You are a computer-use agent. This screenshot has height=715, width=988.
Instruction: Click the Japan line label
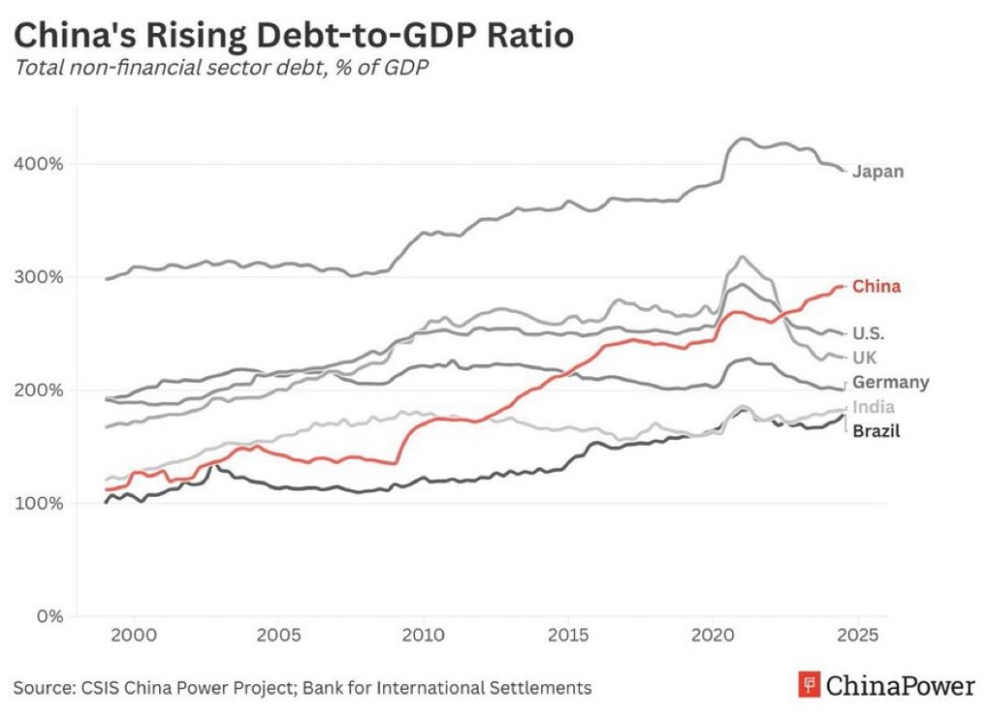878,172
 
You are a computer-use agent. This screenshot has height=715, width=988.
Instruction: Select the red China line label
876,287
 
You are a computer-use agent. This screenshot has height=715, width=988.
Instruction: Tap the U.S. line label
868,334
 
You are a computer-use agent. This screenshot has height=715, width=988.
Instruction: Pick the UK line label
864,358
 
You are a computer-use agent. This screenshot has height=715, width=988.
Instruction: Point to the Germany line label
891,382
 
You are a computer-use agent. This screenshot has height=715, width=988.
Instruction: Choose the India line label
873,407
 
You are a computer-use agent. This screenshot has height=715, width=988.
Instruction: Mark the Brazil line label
876,431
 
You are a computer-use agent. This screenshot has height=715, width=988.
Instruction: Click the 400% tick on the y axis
39,164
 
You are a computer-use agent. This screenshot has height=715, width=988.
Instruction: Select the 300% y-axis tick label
39,277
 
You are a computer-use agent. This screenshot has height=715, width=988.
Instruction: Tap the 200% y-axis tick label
39,390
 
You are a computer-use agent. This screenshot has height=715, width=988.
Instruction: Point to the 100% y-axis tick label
39,503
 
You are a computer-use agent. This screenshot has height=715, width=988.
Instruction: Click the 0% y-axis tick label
47,616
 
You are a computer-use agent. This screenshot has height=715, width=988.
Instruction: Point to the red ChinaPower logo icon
809,686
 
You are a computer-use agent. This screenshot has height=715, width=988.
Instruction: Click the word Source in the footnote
40,688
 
